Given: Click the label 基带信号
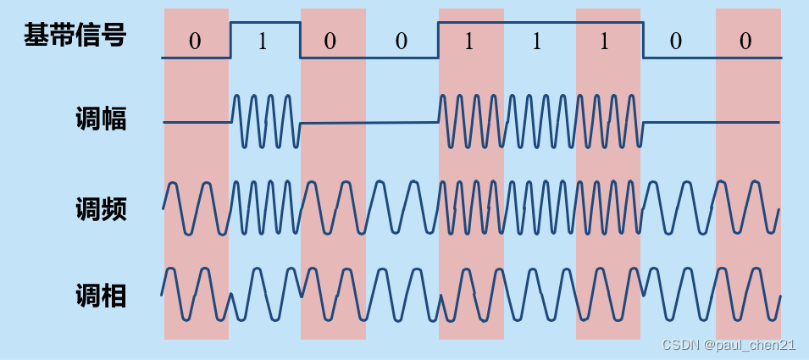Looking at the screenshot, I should [75, 36].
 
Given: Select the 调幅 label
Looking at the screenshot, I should [101, 120].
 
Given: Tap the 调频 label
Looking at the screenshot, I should [101, 208].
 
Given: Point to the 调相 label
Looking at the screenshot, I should [101, 296].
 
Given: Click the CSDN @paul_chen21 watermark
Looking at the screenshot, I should [729, 345].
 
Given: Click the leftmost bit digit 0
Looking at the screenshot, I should [195, 42].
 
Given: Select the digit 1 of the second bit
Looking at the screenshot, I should [262, 42].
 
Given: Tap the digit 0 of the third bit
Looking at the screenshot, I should [331, 42].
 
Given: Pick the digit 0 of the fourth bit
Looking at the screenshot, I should [401, 42].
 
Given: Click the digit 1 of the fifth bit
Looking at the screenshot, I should [468, 42].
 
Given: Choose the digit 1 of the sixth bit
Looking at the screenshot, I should [537, 42].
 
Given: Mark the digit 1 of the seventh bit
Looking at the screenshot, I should [604, 42].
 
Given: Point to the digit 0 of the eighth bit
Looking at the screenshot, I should [675, 42].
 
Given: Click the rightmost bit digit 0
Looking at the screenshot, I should [745, 42].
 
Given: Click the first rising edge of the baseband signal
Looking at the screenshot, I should [230, 40].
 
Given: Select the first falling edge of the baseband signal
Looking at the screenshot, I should [300, 40].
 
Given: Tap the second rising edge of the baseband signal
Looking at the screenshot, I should [438, 40].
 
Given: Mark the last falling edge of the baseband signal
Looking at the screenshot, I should [643, 40].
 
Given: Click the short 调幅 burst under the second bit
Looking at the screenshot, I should [265, 120].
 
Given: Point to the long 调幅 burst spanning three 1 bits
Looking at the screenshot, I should [540, 120].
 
